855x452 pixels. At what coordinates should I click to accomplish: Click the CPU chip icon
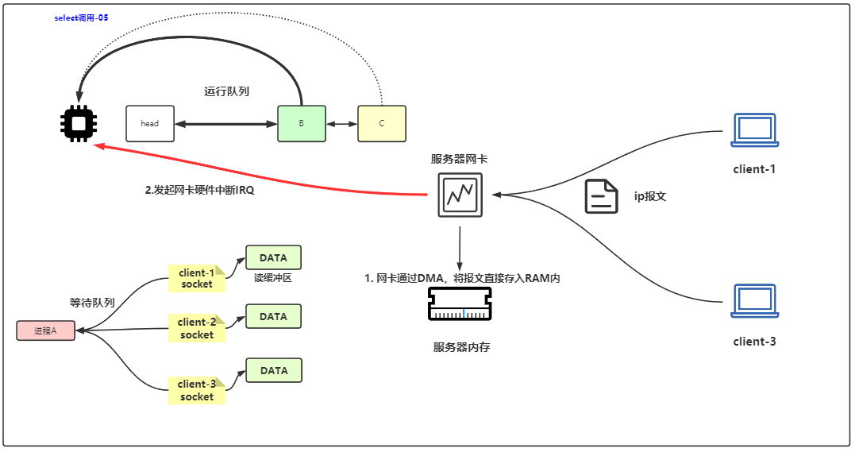click(79, 123)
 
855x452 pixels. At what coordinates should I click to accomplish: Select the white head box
click(150, 124)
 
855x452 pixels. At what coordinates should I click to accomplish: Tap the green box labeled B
click(302, 124)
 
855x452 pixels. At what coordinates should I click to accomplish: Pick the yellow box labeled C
click(382, 124)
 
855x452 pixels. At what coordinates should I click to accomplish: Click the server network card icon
click(460, 195)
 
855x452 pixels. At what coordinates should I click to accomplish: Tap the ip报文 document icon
click(602, 196)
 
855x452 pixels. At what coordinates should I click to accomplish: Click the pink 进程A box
click(46, 330)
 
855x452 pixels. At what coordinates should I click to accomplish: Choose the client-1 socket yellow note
click(197, 278)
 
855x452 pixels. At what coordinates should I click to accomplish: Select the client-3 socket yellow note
click(197, 390)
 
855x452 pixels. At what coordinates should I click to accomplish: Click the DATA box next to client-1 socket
click(273, 257)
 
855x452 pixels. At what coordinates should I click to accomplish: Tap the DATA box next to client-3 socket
click(274, 371)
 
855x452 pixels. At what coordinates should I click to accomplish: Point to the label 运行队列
click(226, 91)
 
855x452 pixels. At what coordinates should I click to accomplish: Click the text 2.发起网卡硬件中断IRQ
click(199, 191)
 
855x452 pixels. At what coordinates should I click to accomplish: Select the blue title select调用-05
click(81, 17)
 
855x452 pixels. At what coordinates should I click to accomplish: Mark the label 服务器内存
click(461, 347)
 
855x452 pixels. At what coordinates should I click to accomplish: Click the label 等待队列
click(92, 303)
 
